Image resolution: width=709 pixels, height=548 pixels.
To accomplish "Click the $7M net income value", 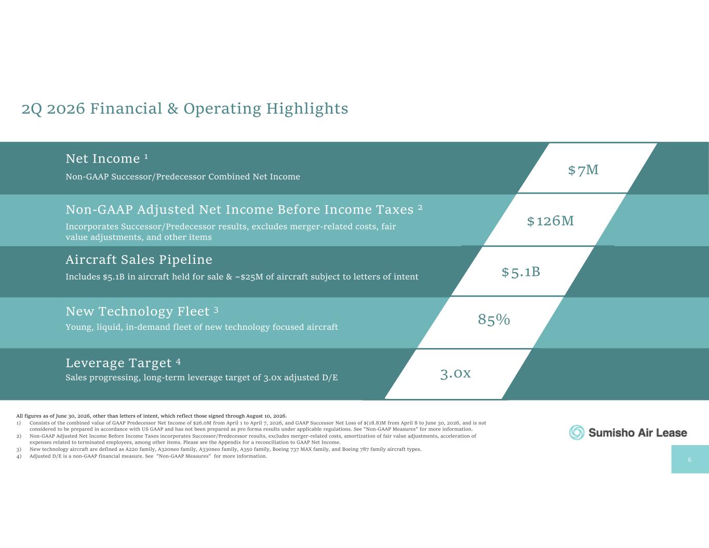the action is pyautogui.click(x=583, y=170).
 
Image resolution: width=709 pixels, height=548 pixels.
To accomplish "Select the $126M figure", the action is pyautogui.click(x=551, y=221).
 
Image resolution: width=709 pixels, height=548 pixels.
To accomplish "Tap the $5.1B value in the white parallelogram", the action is pyautogui.click(x=521, y=272).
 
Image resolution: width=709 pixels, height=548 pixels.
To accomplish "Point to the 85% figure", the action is pyautogui.click(x=493, y=319).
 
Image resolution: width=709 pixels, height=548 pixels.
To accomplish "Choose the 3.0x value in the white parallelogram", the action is pyautogui.click(x=456, y=373).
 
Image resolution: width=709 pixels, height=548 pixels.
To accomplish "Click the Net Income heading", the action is pyautogui.click(x=103, y=159).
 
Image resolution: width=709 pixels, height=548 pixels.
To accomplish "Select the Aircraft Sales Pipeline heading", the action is pyautogui.click(x=139, y=260).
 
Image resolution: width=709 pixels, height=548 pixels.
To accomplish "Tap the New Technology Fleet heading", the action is pyautogui.click(x=137, y=312).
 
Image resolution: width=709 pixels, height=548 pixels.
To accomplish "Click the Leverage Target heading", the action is pyautogui.click(x=118, y=363).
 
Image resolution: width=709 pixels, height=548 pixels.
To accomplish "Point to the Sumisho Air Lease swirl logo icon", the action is pyautogui.click(x=577, y=433).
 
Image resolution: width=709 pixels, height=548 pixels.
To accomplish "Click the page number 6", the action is pyautogui.click(x=689, y=460).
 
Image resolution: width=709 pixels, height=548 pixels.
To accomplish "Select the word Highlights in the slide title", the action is pyautogui.click(x=307, y=109).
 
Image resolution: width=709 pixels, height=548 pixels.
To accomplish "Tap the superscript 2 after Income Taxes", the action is pyautogui.click(x=420, y=207).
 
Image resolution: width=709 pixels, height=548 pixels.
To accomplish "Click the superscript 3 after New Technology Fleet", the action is pyautogui.click(x=216, y=310).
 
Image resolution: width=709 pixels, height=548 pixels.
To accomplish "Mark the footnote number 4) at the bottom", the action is pyautogui.click(x=19, y=456).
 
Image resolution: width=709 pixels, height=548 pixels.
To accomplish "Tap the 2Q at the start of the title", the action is pyautogui.click(x=32, y=109).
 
